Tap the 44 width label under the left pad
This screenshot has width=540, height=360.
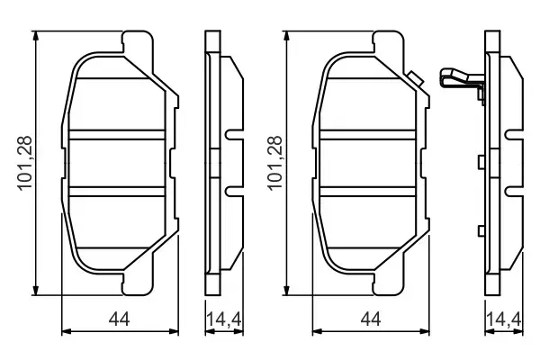tap(116, 319)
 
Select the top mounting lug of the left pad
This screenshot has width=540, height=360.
tap(136, 40)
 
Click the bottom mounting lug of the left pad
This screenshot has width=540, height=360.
tap(136, 286)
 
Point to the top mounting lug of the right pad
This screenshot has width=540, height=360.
tap(387, 40)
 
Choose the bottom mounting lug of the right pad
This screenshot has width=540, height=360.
tap(387, 286)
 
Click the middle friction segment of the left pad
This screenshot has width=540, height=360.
tap(116, 163)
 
